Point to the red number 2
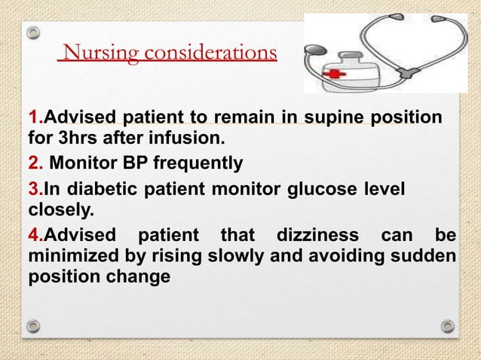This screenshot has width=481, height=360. tap(32, 162)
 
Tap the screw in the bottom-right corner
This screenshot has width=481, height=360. tap(448, 326)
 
